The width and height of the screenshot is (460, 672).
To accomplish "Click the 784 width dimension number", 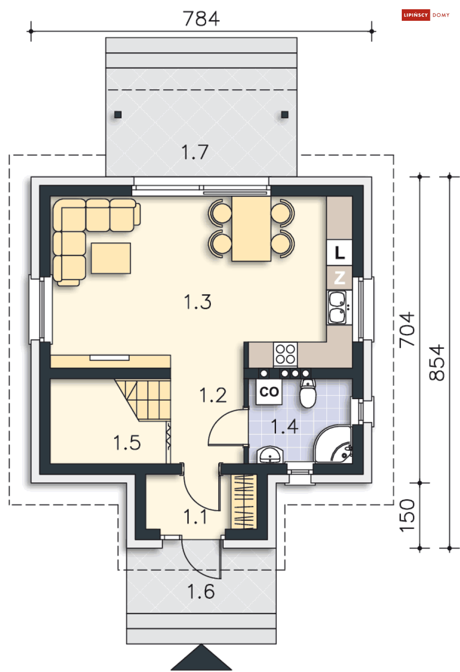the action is click(x=201, y=18).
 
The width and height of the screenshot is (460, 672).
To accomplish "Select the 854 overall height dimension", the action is click(x=436, y=363).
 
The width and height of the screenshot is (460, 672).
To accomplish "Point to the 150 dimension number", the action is click(x=407, y=516).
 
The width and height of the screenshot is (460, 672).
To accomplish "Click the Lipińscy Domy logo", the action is click(x=425, y=15).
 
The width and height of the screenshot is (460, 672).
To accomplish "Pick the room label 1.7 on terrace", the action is click(x=195, y=152).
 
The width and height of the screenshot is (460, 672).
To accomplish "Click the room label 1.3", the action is click(x=197, y=302).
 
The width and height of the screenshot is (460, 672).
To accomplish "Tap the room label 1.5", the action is click(x=127, y=443).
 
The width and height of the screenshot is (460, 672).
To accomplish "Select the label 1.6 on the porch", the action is click(x=201, y=592).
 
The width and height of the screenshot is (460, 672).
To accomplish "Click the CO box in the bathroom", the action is click(x=269, y=392).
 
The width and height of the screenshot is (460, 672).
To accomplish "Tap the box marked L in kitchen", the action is click(x=339, y=253).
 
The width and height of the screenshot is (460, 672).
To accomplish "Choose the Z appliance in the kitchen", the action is click(x=339, y=278).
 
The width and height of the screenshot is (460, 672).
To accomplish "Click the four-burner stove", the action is click(x=285, y=354).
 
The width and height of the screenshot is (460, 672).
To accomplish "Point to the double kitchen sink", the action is click(x=337, y=307).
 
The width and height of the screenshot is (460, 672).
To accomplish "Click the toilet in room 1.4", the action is click(x=308, y=393).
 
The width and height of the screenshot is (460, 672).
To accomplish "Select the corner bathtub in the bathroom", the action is click(x=333, y=444).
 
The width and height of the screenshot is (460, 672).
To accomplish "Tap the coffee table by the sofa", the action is click(x=110, y=258).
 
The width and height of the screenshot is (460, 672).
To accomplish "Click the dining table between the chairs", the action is click(x=251, y=228).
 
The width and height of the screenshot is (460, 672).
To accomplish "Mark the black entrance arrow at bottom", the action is click(x=201, y=657).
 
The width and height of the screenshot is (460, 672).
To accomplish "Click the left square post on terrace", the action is click(x=118, y=115).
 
